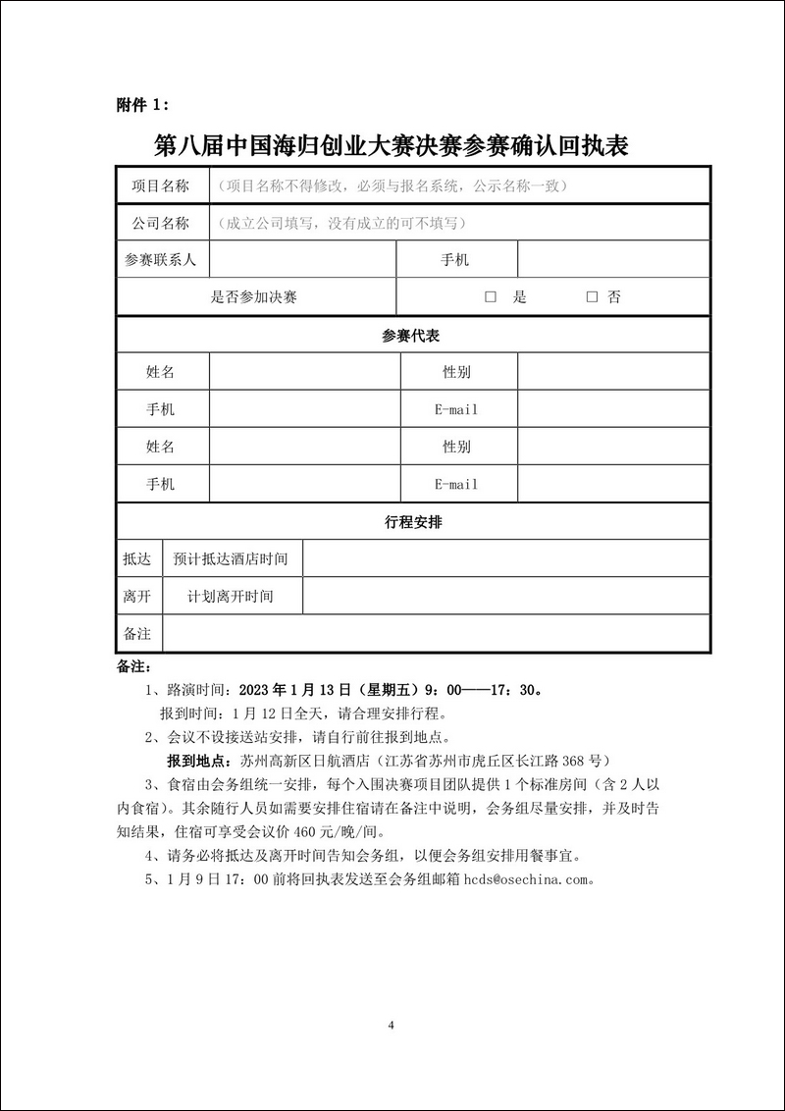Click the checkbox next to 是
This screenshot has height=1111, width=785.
(x=491, y=297)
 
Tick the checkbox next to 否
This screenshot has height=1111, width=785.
(x=592, y=297)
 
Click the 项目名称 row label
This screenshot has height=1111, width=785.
(x=161, y=185)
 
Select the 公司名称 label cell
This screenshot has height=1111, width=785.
(x=161, y=223)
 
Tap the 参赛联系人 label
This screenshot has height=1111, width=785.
(x=161, y=260)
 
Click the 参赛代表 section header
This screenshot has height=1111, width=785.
(x=412, y=336)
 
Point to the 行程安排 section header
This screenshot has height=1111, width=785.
(x=412, y=522)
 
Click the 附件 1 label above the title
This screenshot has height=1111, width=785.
(x=142, y=105)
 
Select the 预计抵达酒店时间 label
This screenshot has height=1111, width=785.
(x=231, y=559)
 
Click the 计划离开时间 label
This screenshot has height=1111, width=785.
(x=231, y=597)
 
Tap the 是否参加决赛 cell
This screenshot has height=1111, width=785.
(x=254, y=297)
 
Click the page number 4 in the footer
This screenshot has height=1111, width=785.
(x=392, y=1026)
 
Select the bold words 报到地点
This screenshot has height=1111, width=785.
(x=196, y=762)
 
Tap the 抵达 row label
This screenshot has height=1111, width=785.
(x=137, y=559)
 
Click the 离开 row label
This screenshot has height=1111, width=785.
(x=137, y=597)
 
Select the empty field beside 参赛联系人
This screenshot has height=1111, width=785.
(x=302, y=260)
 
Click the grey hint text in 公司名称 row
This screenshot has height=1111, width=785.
(x=341, y=223)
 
